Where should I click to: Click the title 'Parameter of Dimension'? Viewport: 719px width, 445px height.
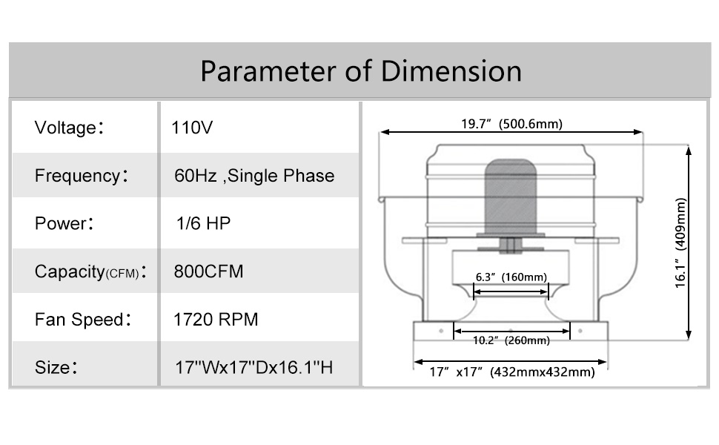(x=360, y=71)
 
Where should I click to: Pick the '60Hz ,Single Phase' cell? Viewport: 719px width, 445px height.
(x=254, y=176)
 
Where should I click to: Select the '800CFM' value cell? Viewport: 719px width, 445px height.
(x=208, y=271)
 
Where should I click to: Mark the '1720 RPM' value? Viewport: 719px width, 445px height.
(x=215, y=320)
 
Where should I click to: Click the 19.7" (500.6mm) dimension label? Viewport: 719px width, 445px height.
(x=511, y=123)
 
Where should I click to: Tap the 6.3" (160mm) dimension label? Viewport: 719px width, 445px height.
(x=511, y=277)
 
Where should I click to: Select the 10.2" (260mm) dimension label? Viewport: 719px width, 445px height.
(x=511, y=341)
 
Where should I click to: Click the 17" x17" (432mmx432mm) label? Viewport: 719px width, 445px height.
(x=511, y=373)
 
